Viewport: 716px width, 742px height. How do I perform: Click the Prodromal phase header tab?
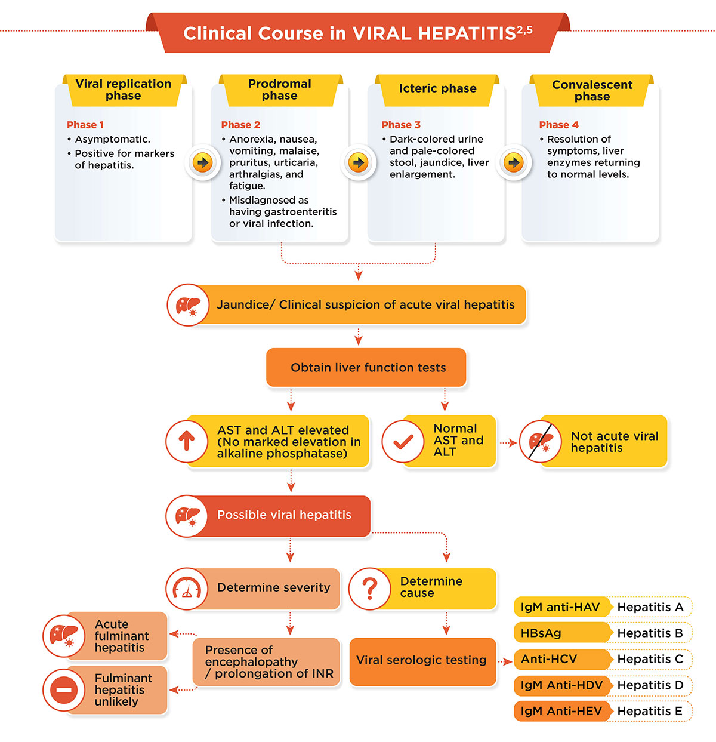pyautogui.click(x=280, y=90)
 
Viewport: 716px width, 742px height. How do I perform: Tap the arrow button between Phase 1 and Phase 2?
pyautogui.click(x=202, y=162)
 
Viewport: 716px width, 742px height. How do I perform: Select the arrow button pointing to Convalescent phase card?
pyautogui.click(x=514, y=162)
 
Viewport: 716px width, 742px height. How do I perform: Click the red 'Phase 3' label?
pyautogui.click(x=401, y=125)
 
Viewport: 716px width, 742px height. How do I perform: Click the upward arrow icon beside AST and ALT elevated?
pyautogui.click(x=187, y=441)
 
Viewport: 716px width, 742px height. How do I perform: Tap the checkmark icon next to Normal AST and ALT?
pyautogui.click(x=403, y=441)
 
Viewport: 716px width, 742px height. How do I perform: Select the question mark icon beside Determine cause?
pyautogui.click(x=370, y=589)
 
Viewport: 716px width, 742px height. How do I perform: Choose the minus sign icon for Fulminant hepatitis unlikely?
pyautogui.click(x=64, y=690)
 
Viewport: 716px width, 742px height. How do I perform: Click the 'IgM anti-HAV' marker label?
pyautogui.click(x=560, y=607)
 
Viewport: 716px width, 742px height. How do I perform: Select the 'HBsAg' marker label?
pyautogui.click(x=541, y=633)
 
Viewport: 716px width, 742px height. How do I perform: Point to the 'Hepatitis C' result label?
pyautogui.click(x=650, y=659)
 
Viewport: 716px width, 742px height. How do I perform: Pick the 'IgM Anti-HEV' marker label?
pyautogui.click(x=561, y=711)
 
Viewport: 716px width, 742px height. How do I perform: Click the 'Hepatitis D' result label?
pyautogui.click(x=650, y=685)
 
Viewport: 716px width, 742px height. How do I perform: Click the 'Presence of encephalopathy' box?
pyautogui.click(x=266, y=662)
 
